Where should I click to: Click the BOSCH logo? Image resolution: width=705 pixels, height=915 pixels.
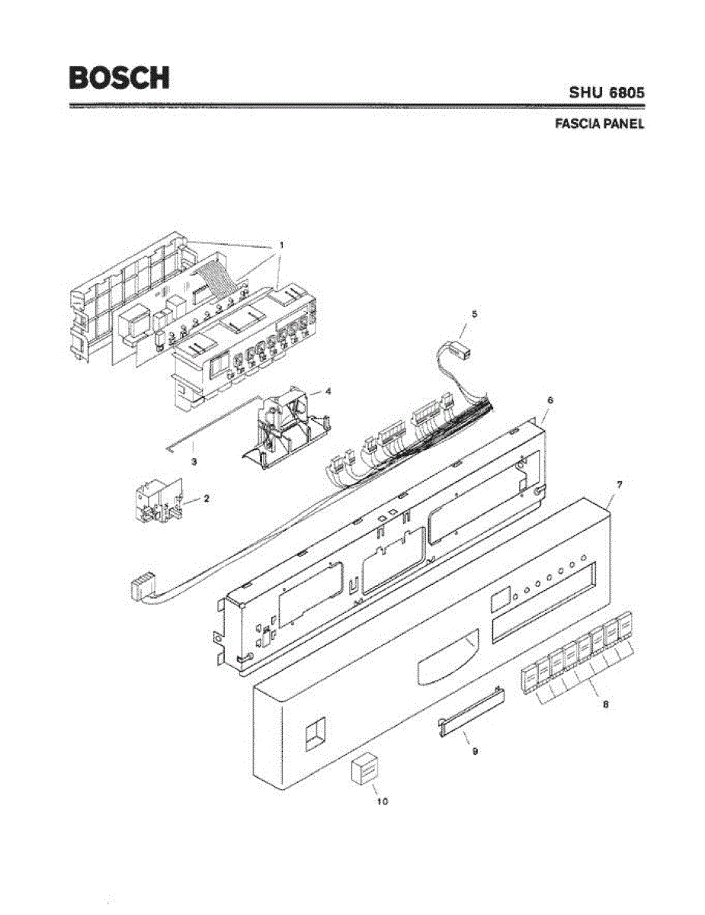coord(118,77)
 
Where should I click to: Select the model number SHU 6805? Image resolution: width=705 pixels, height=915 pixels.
coord(607,92)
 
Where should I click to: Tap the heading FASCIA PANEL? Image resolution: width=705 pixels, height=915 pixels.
coord(598,124)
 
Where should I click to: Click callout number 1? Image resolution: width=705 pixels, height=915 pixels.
coord(280,246)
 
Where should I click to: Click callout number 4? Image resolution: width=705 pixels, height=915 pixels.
coord(328,390)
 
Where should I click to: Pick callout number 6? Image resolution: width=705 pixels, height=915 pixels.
coord(550,400)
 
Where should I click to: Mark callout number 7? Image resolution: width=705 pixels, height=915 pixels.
coord(619,485)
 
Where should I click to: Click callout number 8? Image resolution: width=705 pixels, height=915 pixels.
coord(605,705)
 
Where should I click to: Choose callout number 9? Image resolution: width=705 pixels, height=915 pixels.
coord(474,751)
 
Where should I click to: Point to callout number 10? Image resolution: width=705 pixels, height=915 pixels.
coord(382,801)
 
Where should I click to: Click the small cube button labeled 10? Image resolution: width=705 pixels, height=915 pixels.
coord(364,771)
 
